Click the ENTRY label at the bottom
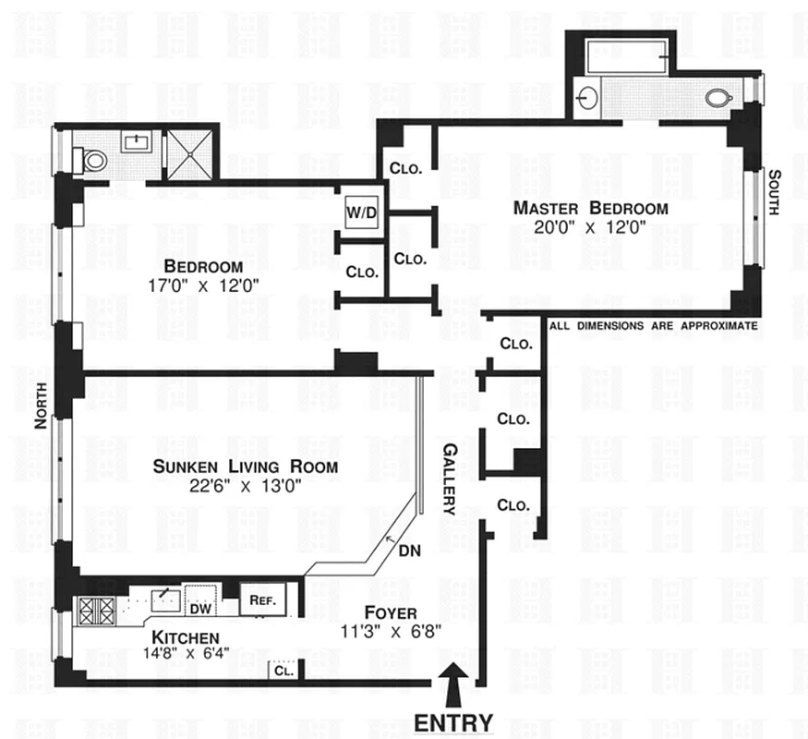click(x=452, y=721)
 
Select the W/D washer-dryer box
click(x=361, y=212)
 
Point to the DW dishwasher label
click(x=199, y=609)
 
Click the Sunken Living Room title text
click(x=245, y=466)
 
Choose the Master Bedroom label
click(x=591, y=208)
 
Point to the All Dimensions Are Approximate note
click(x=653, y=326)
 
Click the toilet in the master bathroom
click(x=718, y=96)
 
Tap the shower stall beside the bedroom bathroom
click(x=187, y=154)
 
